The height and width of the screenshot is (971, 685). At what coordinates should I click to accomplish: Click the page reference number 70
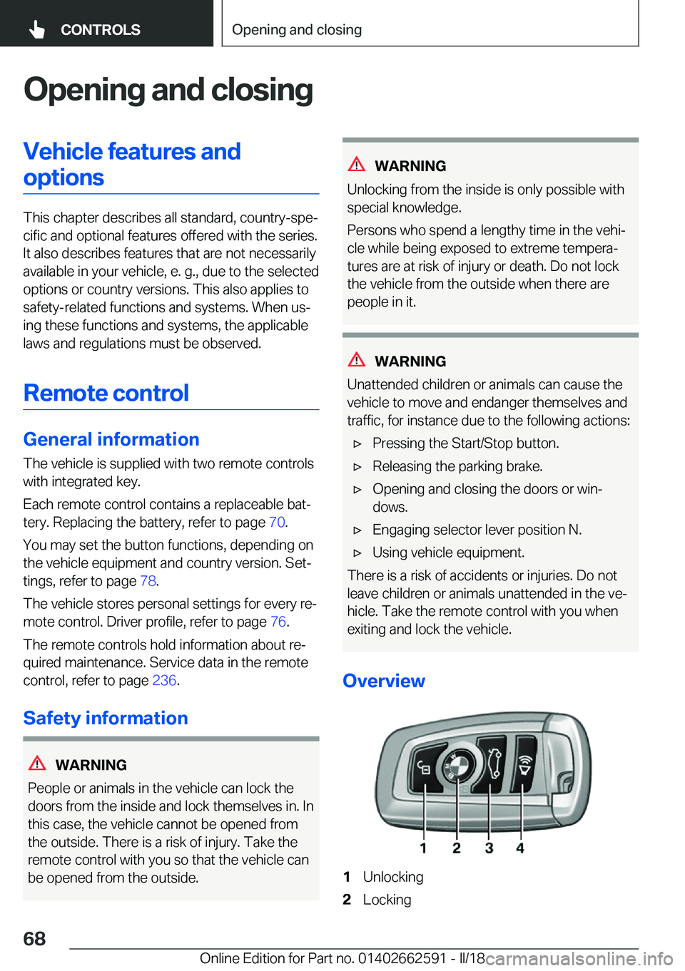[276, 523]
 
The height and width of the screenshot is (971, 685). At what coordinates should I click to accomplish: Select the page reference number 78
[148, 581]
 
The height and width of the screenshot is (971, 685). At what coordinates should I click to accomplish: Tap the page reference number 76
[278, 622]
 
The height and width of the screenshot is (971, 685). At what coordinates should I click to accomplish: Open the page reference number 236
[164, 680]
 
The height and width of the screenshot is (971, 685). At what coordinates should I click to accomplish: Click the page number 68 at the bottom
[34, 938]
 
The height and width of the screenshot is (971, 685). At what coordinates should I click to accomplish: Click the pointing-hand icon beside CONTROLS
[37, 29]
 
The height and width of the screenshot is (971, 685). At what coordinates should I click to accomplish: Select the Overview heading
[384, 681]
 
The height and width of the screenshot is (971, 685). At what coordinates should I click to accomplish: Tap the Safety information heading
[106, 718]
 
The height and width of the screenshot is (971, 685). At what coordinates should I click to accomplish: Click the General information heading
[111, 439]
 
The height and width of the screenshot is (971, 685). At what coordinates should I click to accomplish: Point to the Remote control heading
[106, 393]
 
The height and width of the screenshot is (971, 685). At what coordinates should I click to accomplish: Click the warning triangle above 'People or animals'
[37, 764]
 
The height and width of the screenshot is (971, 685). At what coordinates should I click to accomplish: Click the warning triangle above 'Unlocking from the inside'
[357, 165]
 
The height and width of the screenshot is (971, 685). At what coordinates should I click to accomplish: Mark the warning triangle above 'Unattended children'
[357, 360]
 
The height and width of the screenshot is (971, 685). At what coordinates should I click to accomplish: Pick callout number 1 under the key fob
[423, 848]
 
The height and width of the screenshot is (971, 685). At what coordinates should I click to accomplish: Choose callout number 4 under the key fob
[520, 848]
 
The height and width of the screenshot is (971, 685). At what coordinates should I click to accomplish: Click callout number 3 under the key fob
[489, 848]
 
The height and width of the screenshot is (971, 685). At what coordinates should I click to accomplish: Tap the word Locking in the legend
[387, 900]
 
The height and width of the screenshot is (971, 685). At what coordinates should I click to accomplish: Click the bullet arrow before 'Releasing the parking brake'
[358, 467]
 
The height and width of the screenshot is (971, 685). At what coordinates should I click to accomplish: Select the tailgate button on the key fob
[492, 763]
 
